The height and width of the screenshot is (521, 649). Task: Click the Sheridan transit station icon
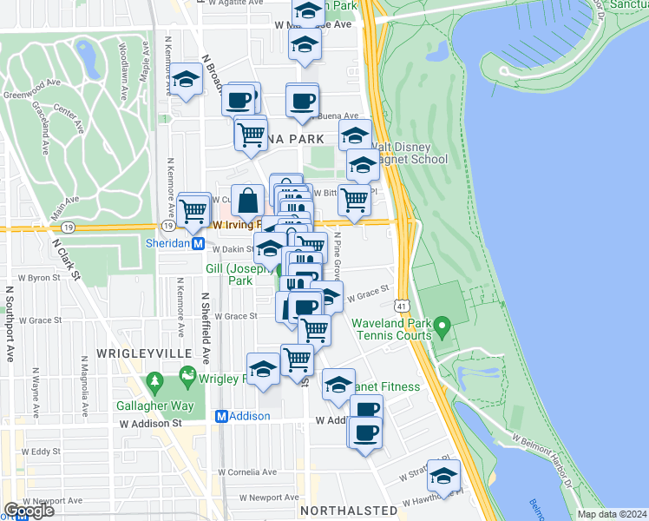point(198,244)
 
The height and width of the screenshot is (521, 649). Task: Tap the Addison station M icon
point(221,416)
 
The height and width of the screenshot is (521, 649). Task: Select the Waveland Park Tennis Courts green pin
point(442,329)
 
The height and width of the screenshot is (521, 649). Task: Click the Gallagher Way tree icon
point(155,381)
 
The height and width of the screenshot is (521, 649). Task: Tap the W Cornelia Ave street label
point(246,472)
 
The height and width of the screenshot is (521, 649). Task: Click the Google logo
point(28,511)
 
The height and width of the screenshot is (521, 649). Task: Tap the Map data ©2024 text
point(613,513)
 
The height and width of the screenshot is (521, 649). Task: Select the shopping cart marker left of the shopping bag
point(194,209)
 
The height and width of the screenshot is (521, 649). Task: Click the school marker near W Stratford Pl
point(443,477)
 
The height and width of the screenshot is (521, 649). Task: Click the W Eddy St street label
point(40,452)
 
